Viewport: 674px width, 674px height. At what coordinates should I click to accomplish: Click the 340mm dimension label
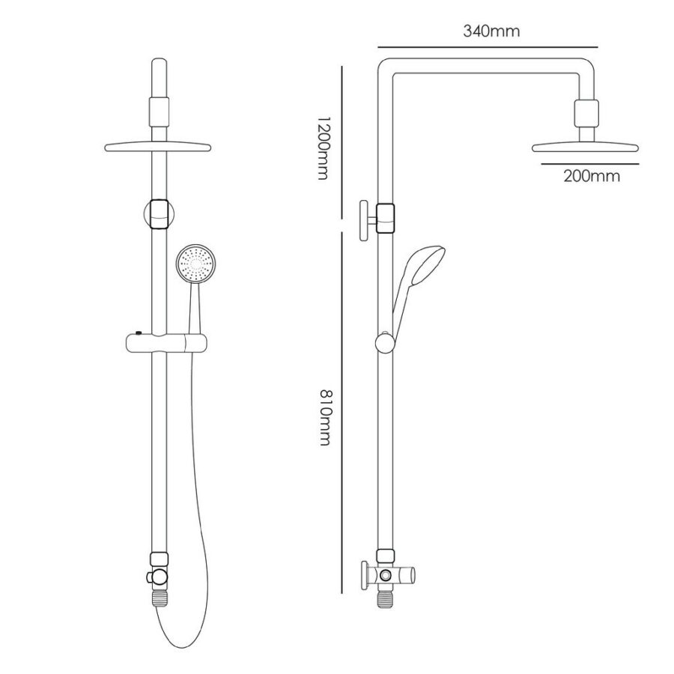tap(491, 31)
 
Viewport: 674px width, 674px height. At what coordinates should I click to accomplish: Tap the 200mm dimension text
tap(592, 177)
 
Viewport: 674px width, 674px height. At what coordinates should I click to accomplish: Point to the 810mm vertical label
tap(323, 416)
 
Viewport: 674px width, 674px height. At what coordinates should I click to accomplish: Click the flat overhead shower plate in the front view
tap(159, 148)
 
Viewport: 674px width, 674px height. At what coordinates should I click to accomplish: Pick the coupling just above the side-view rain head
tap(586, 116)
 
